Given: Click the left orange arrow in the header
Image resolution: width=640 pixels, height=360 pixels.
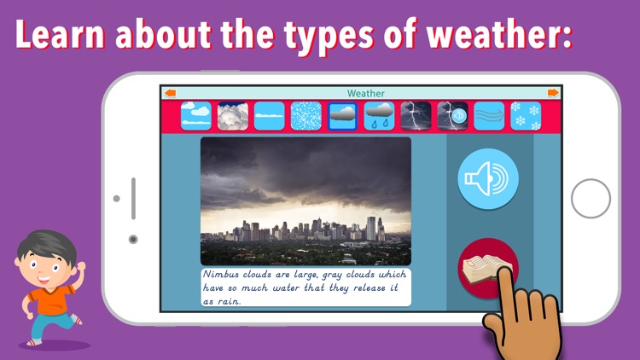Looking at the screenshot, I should point(171,93).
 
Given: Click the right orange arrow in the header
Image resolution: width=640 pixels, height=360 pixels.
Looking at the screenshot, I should point(553,93).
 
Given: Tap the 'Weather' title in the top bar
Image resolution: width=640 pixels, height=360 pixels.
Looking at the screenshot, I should point(365,93).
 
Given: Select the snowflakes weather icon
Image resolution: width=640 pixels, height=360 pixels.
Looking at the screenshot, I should point(526,116).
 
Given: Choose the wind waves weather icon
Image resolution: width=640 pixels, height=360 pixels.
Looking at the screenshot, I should point(489,116).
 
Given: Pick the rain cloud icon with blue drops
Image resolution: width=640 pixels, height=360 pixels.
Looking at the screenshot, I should point(380,116).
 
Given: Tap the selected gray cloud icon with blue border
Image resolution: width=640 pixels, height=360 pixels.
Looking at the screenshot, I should point(343,116).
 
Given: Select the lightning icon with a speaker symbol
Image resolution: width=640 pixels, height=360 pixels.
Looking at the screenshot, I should point(452,116).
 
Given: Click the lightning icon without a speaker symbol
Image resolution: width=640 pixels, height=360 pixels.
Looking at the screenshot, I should point(416,116).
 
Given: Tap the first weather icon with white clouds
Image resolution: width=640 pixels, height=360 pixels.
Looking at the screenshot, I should point(196,116).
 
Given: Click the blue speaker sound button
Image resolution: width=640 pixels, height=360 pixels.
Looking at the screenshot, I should point(488,178).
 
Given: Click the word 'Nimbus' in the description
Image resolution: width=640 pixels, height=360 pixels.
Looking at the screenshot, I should point(223,275).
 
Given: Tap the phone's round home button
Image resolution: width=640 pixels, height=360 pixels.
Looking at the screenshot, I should point(591,199).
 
